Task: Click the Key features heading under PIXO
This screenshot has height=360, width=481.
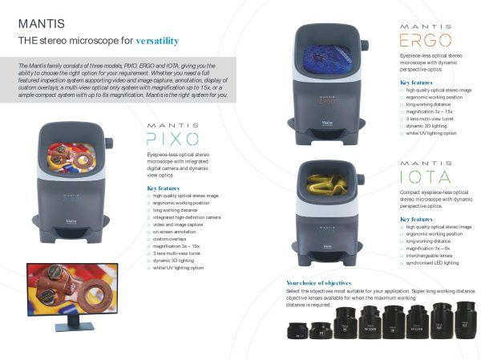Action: point(168,188)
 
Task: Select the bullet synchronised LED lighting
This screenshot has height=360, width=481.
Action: point(432,262)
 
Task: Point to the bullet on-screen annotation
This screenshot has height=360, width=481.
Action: point(175,232)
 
